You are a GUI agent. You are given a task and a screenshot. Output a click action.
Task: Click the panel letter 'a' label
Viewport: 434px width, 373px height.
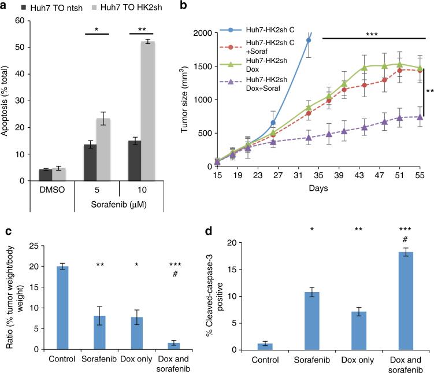(x=5, y=6)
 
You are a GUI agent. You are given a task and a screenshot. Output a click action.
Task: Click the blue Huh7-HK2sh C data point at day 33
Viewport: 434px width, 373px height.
(x=308, y=40)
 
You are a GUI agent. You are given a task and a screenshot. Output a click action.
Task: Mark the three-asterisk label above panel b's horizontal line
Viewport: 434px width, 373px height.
(x=371, y=35)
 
